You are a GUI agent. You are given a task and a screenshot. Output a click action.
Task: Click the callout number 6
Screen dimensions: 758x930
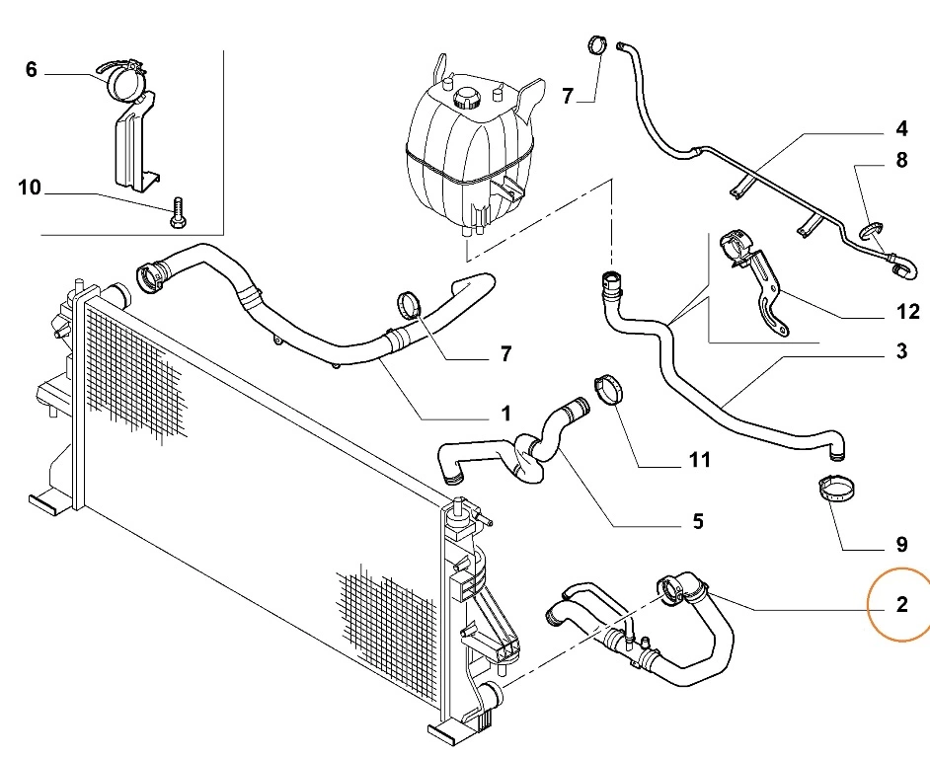point(31,70)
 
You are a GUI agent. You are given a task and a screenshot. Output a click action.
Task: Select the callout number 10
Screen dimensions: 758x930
point(30,188)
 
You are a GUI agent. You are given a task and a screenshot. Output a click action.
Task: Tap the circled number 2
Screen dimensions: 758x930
point(900,604)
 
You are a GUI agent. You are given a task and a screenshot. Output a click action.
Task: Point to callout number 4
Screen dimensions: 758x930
point(901,129)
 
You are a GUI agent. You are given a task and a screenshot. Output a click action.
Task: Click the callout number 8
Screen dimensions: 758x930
point(901,160)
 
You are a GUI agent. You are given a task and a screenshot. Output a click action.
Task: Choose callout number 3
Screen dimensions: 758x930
point(901,350)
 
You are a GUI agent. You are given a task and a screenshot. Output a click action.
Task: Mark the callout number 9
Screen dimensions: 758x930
point(900,543)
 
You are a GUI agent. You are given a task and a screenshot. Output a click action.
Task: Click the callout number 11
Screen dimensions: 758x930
point(699,459)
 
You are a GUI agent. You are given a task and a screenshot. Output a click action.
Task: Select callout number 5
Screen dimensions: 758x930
point(697,521)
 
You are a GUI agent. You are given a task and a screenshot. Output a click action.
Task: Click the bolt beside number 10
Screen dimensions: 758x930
point(177,212)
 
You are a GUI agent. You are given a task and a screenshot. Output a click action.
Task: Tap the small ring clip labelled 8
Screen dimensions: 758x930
point(870,233)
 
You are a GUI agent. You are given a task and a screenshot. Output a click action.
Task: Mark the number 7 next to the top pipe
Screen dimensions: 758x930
point(568,96)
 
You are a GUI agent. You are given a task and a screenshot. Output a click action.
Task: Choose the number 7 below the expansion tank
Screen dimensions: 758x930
point(504,352)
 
